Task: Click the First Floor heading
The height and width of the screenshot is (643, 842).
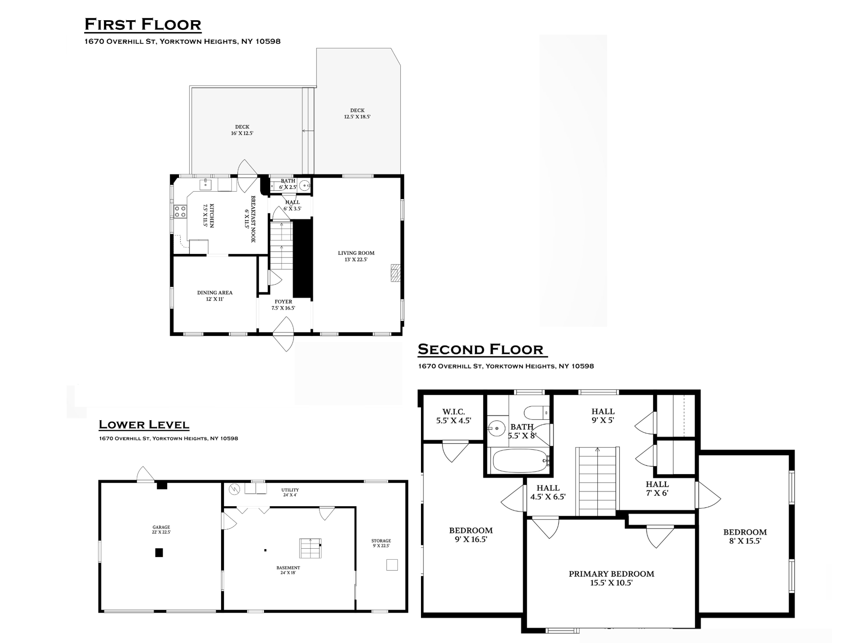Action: [x=143, y=25]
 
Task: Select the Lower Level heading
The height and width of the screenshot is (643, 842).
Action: [x=144, y=425]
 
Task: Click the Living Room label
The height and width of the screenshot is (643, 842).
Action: [x=356, y=256]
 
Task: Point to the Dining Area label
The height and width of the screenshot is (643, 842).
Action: [x=215, y=296]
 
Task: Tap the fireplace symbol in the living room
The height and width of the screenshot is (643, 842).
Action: [x=396, y=272]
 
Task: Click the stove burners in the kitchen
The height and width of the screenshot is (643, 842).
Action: [x=180, y=212]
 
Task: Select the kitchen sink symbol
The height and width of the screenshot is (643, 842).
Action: [x=206, y=184]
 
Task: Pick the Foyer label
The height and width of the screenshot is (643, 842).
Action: [x=283, y=305]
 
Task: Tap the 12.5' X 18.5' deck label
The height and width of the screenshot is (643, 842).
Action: [x=357, y=114]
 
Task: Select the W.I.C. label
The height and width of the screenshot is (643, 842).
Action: [x=453, y=416]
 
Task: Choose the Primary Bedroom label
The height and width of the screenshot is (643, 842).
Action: [x=611, y=578]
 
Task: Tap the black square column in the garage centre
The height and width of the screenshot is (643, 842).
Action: [x=159, y=553]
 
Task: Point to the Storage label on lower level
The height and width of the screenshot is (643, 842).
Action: [x=381, y=543]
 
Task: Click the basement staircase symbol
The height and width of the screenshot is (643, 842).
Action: [x=310, y=548]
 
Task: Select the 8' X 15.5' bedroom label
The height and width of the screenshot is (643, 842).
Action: [x=745, y=536]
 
